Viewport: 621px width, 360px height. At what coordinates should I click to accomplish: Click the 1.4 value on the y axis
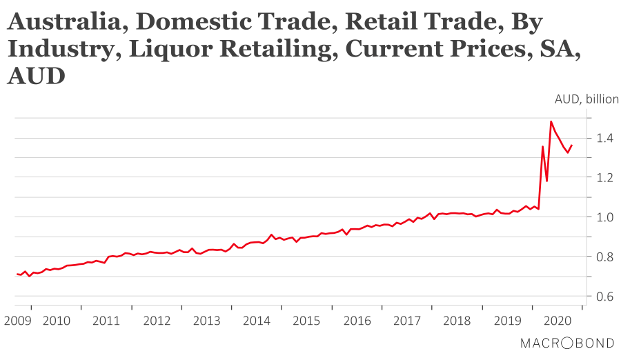coord(605,139)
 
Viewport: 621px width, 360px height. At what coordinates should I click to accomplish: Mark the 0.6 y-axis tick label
coord(605,297)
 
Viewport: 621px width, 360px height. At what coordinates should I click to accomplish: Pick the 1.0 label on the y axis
coord(605,217)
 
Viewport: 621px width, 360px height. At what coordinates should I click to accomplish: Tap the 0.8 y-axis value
coord(605,257)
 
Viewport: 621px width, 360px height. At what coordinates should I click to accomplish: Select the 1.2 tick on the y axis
coord(605,178)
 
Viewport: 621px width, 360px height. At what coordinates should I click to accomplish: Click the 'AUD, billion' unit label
coord(586,99)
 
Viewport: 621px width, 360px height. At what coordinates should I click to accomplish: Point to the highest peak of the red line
coord(551,121)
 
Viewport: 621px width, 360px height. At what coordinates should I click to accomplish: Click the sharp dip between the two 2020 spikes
coord(547,181)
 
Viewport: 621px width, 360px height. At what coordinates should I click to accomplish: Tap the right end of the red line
coord(572,145)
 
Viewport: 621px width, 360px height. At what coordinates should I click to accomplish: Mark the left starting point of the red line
coord(17,274)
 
